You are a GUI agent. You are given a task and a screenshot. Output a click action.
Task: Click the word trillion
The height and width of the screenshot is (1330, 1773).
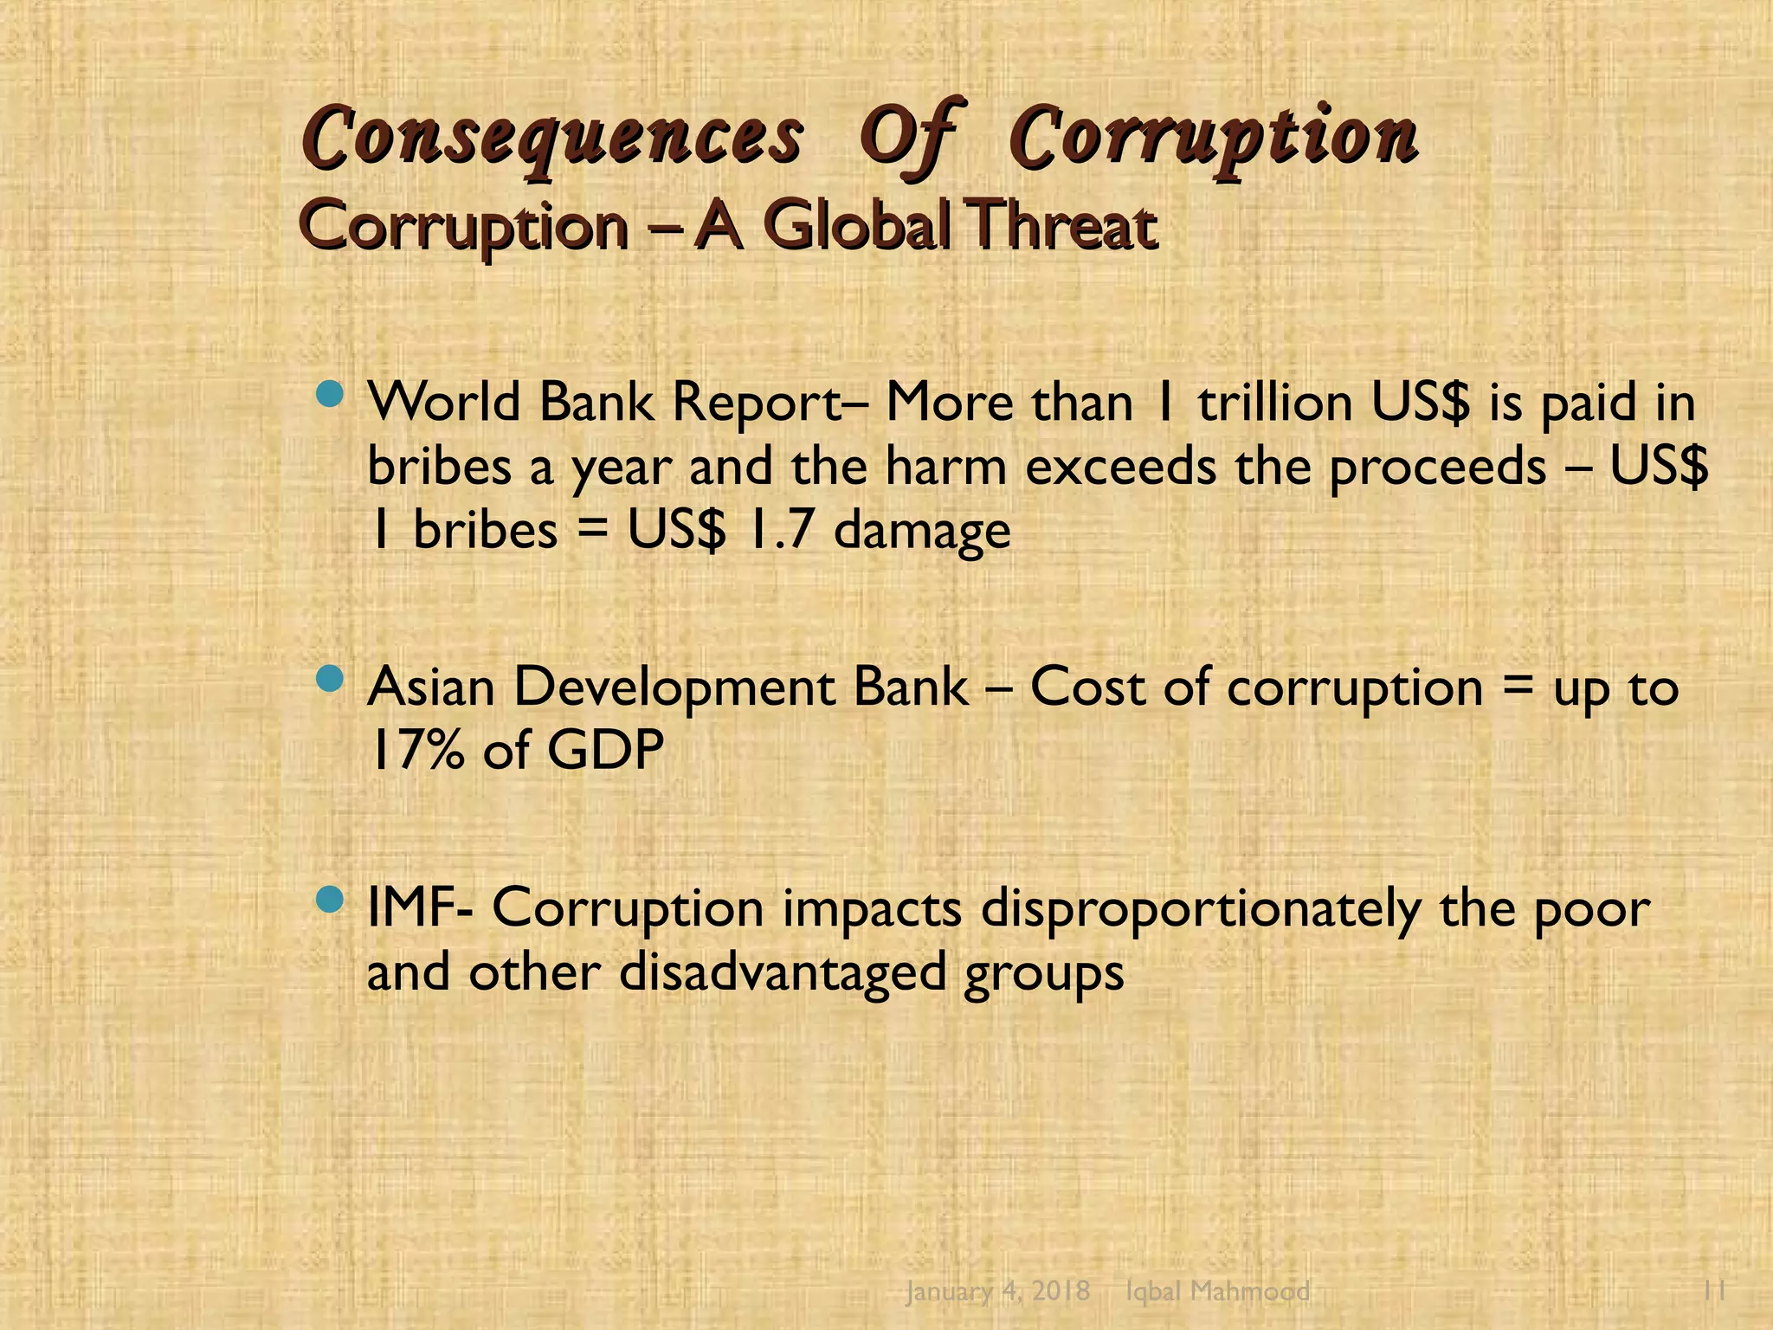[1274, 404]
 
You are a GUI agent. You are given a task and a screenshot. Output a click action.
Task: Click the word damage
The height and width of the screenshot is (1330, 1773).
[922, 532]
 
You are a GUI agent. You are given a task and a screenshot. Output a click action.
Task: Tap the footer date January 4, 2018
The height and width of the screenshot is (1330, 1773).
[997, 1291]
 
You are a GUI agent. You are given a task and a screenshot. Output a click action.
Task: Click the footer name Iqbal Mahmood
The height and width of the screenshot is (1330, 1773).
[1217, 1291]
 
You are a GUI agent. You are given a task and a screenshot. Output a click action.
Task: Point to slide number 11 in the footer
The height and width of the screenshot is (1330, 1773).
[1714, 1291]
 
